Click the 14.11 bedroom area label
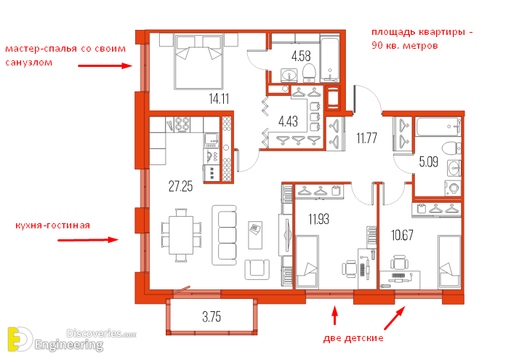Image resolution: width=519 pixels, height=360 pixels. (x=219, y=99)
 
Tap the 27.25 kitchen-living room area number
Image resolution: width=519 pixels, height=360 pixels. (x=180, y=186)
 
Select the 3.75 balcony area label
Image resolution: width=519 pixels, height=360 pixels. (x=212, y=316)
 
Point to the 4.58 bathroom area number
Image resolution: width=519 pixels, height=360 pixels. (x=301, y=56)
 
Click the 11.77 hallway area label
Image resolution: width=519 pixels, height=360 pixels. (x=367, y=137)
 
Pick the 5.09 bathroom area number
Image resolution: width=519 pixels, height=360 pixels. (x=429, y=161)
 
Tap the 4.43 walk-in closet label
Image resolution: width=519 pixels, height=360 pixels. (x=288, y=121)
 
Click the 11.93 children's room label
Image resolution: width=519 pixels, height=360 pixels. (x=319, y=219)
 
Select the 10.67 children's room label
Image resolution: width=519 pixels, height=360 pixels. (x=402, y=235)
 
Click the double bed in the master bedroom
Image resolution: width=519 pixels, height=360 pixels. (x=198, y=62)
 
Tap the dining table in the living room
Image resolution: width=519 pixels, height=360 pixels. (x=181, y=235)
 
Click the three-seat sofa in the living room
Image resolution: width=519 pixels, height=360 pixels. (x=225, y=235)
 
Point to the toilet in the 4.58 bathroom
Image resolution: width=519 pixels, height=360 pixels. (x=309, y=73)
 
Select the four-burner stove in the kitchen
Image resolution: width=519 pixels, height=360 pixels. (x=182, y=124)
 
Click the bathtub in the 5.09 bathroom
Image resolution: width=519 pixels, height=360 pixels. (x=438, y=127)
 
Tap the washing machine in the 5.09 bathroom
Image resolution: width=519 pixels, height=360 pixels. (x=454, y=188)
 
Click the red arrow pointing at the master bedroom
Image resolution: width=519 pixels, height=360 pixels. (x=105, y=65)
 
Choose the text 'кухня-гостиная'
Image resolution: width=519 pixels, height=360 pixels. (x=52, y=225)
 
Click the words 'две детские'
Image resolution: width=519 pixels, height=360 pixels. (x=353, y=338)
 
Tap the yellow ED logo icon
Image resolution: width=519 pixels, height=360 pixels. (x=19, y=339)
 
